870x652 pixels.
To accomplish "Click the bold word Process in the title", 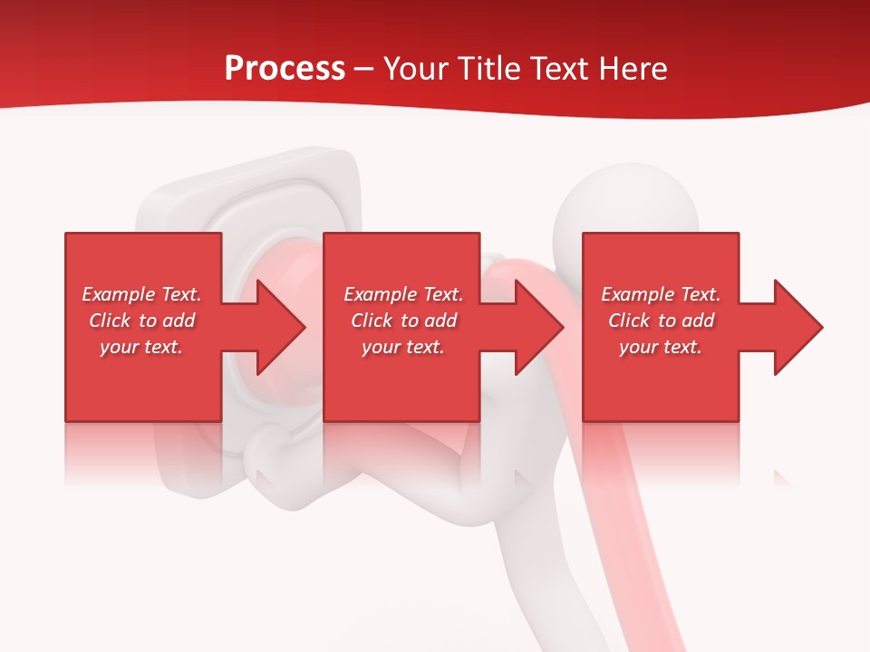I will tap(285, 69).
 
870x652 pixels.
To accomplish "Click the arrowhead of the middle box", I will tap(537, 327).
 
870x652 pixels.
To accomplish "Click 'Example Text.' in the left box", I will tap(142, 294).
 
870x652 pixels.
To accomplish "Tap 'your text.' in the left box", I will tap(142, 347).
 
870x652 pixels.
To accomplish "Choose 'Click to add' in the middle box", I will tap(403, 321).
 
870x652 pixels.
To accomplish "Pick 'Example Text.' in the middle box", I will tap(403, 294).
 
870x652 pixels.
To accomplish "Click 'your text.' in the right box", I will tap(661, 347).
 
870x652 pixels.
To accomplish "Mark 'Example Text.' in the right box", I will tap(661, 294).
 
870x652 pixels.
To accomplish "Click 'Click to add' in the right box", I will tap(661, 321).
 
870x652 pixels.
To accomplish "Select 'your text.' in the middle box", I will tap(403, 347).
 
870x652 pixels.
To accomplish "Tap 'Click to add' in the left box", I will tap(142, 321).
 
